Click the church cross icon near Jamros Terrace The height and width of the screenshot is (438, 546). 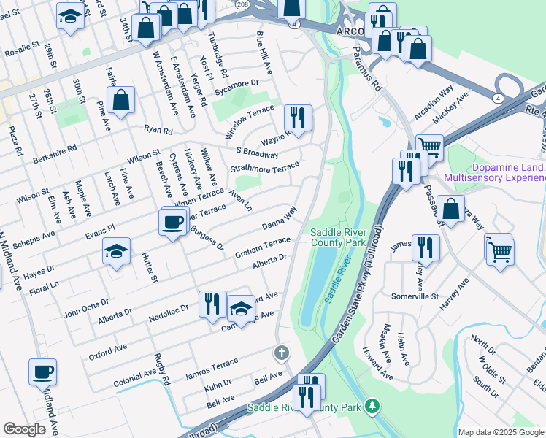(282, 353)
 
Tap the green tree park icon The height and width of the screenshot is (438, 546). (372, 404)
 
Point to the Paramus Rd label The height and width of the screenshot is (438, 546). (367, 69)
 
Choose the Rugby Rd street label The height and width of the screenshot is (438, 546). (161, 370)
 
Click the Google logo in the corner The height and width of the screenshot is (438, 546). (25, 429)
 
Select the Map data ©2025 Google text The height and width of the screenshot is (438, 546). (500, 432)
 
